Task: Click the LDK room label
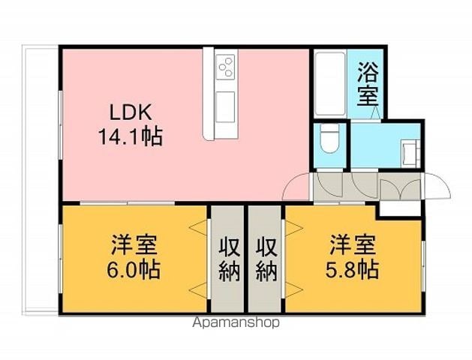coord(130,113)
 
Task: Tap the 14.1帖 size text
coord(131,136)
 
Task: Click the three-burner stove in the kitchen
coord(225,67)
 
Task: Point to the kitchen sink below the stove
coord(225,106)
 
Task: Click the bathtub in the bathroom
coord(330,84)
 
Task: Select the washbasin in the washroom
coord(410,154)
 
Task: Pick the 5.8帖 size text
coord(352,269)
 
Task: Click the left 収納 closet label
coord(230,259)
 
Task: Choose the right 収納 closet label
coord(266,259)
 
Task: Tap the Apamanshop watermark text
coord(236,323)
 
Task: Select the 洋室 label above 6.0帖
coord(134,244)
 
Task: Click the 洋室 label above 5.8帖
coord(353,244)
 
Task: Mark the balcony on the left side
coord(41,180)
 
